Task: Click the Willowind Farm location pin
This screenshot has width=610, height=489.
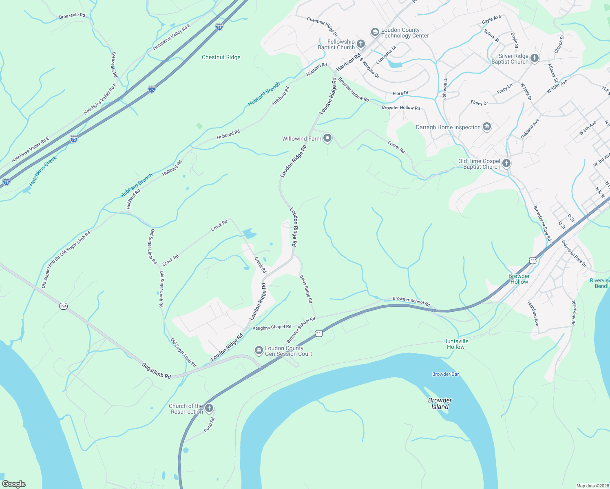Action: point(327,139)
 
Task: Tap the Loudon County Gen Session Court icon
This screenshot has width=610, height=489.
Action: point(259,350)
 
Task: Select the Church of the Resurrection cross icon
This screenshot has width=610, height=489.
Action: point(209,408)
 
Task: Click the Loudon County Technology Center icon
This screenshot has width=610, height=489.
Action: point(375,33)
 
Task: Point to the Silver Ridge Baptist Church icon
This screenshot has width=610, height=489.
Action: point(535,58)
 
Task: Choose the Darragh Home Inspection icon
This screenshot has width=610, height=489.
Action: point(486,127)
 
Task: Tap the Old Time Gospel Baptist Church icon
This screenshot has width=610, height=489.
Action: point(506,163)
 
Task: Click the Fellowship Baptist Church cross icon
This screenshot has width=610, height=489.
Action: point(360,44)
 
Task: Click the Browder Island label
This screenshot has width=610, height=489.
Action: point(440,403)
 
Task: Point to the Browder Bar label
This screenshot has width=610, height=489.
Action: point(445,374)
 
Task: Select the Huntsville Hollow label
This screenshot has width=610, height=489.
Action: point(455,344)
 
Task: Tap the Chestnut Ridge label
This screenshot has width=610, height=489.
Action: point(221,57)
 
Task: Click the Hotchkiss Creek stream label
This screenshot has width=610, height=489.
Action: point(43,171)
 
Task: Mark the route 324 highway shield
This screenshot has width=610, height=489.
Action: point(63,306)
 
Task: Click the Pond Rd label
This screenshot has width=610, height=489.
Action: point(209,425)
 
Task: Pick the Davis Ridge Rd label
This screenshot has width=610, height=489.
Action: point(306,289)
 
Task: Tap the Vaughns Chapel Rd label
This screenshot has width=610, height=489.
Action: point(272,327)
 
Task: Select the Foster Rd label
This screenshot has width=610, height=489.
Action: point(396,147)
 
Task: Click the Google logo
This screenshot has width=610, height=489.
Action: point(13,484)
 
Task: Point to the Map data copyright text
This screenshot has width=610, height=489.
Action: point(592,486)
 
